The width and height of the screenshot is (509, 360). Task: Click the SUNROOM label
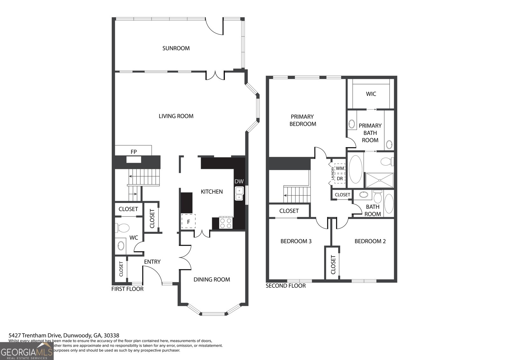(176, 48)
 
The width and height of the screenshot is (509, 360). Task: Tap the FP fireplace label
(134, 152)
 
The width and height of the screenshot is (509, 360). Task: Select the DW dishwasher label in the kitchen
(239, 181)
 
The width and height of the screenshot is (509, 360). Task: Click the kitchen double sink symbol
(239, 194)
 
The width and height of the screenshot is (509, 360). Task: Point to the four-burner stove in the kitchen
(226, 222)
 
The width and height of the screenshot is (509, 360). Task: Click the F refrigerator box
(188, 222)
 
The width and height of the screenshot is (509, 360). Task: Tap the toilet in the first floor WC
(123, 228)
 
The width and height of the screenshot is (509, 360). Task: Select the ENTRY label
(152, 262)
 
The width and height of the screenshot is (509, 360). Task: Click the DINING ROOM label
(212, 279)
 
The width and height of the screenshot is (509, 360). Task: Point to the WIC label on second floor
(371, 94)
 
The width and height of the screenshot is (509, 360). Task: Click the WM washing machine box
(340, 168)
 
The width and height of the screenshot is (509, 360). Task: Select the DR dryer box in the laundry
(340, 179)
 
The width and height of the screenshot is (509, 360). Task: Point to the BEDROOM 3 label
(296, 241)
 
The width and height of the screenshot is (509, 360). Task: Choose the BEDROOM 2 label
(370, 241)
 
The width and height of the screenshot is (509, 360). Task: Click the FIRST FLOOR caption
(127, 289)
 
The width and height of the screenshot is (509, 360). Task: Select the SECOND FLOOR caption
(286, 286)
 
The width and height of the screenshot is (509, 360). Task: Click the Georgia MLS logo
(26, 351)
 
